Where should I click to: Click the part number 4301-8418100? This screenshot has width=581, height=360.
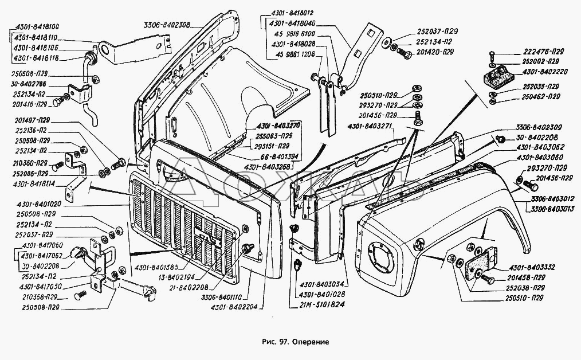34,27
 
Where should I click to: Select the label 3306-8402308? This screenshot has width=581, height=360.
167,25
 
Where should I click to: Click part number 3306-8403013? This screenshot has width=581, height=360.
549,209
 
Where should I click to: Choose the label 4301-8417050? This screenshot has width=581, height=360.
41,287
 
